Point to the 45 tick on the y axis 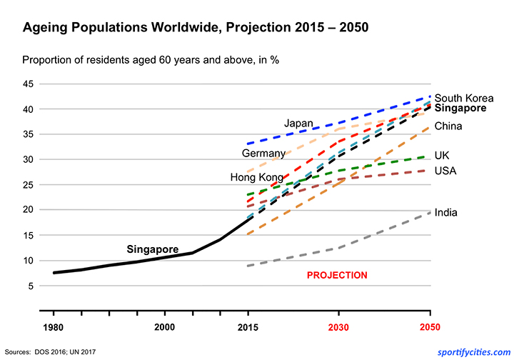[x=29, y=84]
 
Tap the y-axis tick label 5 [x=31, y=286]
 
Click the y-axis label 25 [x=29, y=185]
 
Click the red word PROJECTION [x=337, y=275]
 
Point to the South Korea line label [x=464, y=98]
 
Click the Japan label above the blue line [x=298, y=123]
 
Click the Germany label [x=263, y=153]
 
